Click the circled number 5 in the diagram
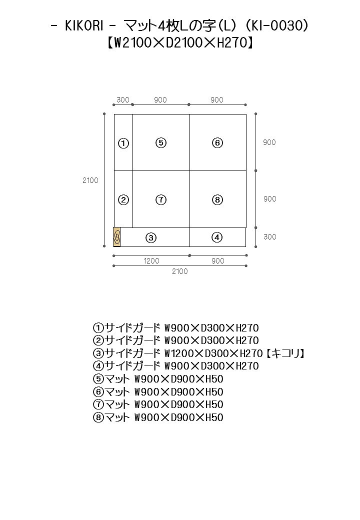[161, 143]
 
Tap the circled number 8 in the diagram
[217, 199]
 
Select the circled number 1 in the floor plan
[123, 143]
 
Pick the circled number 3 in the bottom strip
[151, 237]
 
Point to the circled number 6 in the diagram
[217, 143]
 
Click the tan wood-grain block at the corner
[116, 237]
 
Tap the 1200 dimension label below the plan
[151, 261]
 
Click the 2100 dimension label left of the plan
[90, 180]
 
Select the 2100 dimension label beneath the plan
[179, 271]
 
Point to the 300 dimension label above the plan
[123, 100]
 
